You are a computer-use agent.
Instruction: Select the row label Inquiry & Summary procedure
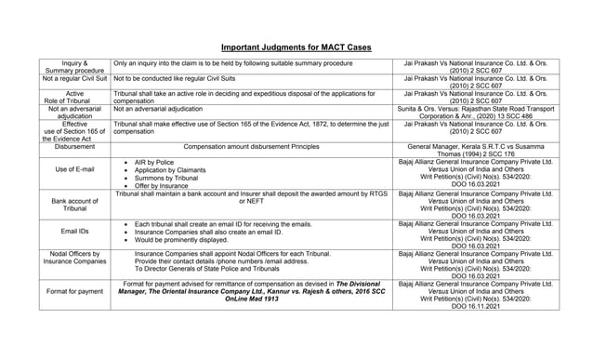pyautogui.click(x=74, y=67)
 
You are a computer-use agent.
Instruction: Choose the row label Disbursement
pyautogui.click(x=74, y=147)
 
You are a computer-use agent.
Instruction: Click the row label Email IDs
pyautogui.click(x=74, y=231)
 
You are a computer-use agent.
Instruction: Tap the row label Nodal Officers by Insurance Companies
pyautogui.click(x=74, y=258)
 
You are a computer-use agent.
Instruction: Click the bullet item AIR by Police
pyautogui.click(x=154, y=162)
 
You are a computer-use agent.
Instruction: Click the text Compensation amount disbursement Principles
pyautogui.click(x=251, y=147)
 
